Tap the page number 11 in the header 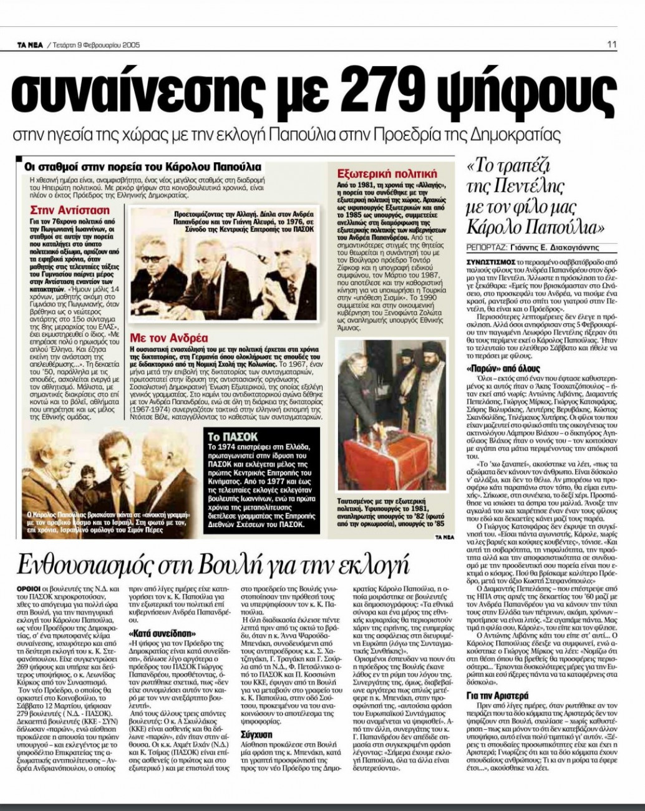pyautogui.click(x=612, y=43)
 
